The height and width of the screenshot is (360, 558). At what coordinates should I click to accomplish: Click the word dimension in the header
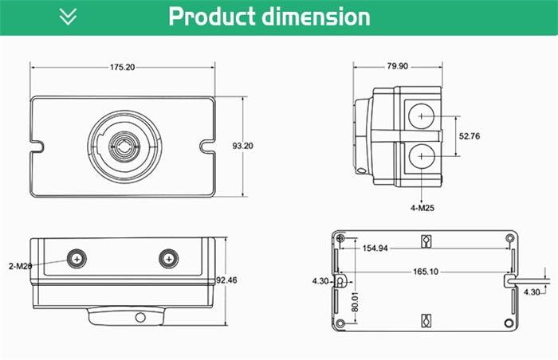click(318, 17)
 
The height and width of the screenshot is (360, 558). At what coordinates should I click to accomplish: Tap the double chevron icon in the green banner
click(69, 17)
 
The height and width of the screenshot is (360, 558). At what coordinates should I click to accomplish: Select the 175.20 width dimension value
click(122, 68)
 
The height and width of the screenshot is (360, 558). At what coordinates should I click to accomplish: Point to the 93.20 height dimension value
click(243, 146)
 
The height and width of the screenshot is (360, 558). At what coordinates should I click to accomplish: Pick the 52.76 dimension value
click(470, 136)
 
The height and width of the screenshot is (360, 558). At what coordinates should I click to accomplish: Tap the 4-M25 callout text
click(422, 208)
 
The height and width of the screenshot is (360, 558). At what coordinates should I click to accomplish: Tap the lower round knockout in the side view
click(420, 157)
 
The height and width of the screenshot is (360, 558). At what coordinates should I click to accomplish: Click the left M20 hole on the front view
click(77, 258)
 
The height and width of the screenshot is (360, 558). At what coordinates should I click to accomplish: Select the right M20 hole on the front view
click(167, 258)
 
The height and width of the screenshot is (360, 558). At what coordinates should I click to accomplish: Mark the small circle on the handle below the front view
click(140, 317)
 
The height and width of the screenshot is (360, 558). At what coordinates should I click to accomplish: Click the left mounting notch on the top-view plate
click(37, 146)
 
